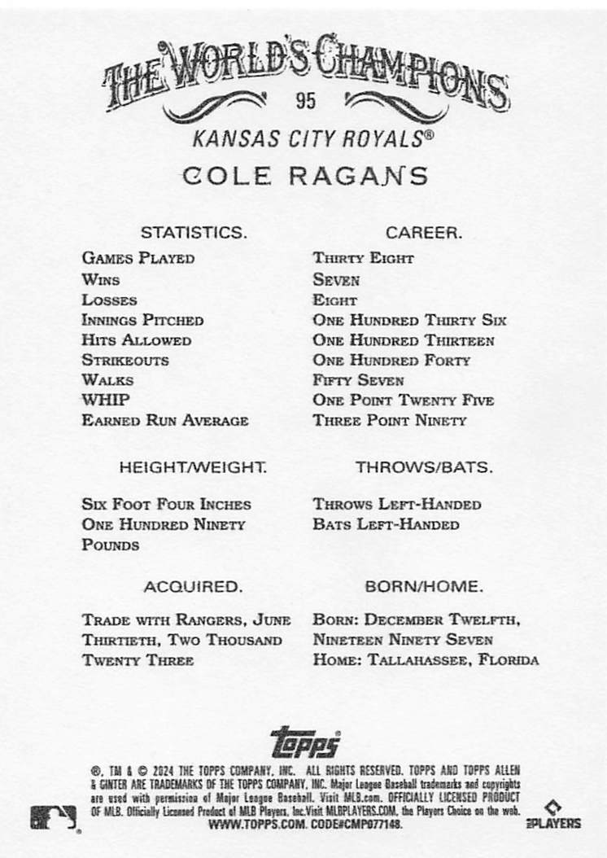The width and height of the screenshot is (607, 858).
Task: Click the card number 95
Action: pyautogui.click(x=306, y=101)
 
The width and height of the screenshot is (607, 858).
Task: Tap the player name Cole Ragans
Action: pyautogui.click(x=305, y=175)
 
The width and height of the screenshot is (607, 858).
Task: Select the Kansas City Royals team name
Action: pyautogui.click(x=306, y=138)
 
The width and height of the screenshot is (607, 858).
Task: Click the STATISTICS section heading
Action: pyautogui.click(x=193, y=232)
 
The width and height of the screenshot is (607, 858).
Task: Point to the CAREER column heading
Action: pyautogui.click(x=424, y=232)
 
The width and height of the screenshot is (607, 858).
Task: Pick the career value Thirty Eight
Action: pyautogui.click(x=363, y=259)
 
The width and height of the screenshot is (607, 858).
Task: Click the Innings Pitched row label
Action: pyautogui.click(x=142, y=320)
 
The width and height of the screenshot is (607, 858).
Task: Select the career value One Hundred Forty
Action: pyautogui.click(x=391, y=360)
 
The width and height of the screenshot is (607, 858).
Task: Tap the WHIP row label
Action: pyautogui.click(x=105, y=400)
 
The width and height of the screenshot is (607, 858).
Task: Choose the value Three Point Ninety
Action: pyautogui.click(x=390, y=421)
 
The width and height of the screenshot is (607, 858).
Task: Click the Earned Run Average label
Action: pyautogui.click(x=164, y=421)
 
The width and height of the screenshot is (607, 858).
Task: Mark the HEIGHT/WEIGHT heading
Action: pyautogui.click(x=193, y=468)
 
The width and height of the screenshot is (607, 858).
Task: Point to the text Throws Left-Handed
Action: pyautogui.click(x=396, y=505)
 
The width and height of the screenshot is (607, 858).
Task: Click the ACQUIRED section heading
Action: pyautogui.click(x=193, y=586)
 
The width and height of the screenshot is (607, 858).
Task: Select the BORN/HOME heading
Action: pyautogui.click(x=424, y=586)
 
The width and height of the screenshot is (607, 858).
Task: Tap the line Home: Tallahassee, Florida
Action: pyautogui.click(x=425, y=660)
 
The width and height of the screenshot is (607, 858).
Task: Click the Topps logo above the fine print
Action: pyautogui.click(x=305, y=741)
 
